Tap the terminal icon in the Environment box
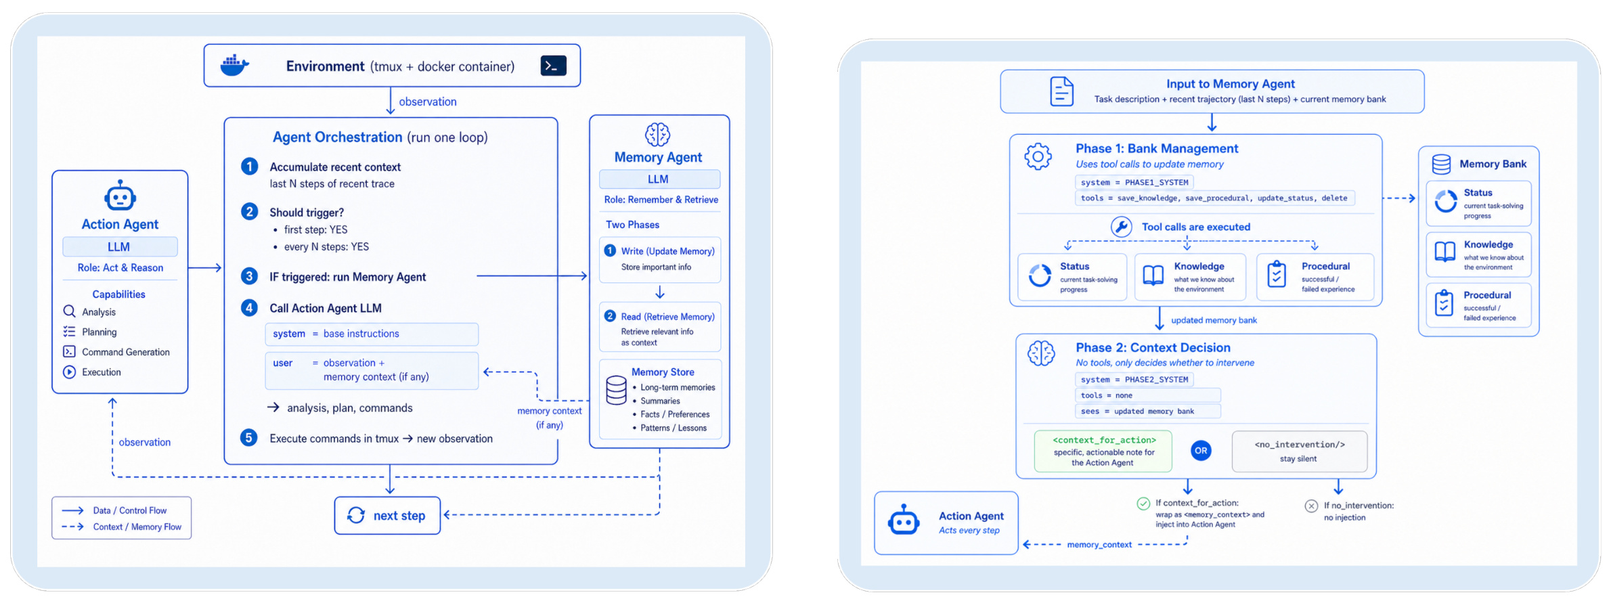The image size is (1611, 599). click(553, 66)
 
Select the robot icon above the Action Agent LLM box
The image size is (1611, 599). click(120, 196)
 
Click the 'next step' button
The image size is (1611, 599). click(387, 516)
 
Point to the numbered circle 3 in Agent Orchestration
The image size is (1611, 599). click(249, 276)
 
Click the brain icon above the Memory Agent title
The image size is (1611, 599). click(657, 135)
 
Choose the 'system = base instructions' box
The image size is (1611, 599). click(372, 334)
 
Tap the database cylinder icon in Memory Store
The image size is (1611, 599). click(616, 390)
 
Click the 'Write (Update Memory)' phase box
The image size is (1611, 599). click(660, 259)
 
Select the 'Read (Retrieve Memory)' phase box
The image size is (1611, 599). click(660, 328)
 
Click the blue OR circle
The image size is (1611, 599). click(1201, 451)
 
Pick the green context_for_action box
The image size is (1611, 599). click(1103, 451)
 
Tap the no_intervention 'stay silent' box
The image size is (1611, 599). click(1300, 451)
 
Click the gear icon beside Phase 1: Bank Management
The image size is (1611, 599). click(1038, 156)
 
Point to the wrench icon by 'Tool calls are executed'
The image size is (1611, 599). click(1121, 227)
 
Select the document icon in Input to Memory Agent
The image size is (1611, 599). click(1061, 91)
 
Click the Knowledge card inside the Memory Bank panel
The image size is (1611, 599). click(1478, 254)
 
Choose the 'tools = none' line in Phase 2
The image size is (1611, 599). click(1148, 395)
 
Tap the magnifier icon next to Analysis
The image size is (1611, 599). click(69, 311)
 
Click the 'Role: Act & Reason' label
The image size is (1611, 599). click(120, 268)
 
